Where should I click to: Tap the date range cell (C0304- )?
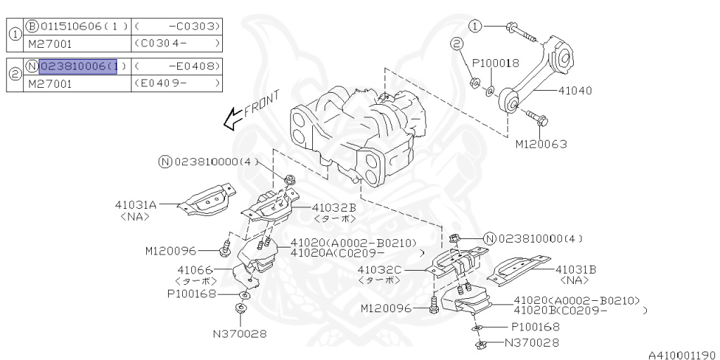coord(176,43)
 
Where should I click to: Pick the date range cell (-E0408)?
coord(176,66)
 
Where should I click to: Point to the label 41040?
coord(575,91)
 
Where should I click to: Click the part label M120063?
coord(541,144)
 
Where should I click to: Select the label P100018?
coord(495,63)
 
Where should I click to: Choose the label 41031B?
coord(576,269)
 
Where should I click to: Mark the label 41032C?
coord(379,269)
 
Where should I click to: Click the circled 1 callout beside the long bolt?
coord(476,26)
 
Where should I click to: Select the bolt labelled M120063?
coord(534,118)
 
